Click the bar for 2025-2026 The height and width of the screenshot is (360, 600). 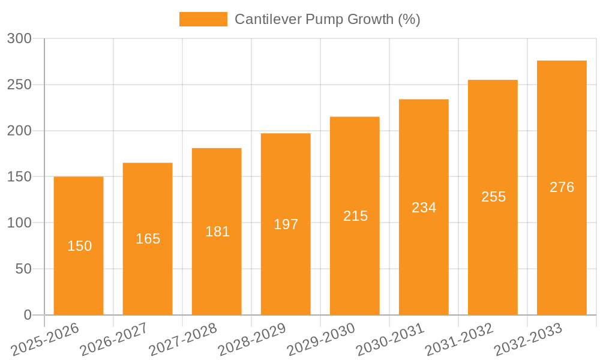pos(79,245)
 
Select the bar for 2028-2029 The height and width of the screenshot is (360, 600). pos(286,224)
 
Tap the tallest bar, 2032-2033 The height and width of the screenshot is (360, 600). pos(562,187)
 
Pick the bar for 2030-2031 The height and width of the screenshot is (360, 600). pos(424,207)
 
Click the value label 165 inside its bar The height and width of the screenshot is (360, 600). pos(148,239)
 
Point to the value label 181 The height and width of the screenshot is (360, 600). pos(217,232)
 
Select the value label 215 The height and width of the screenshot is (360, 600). pos(355,216)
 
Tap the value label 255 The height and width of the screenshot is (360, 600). pos(493,197)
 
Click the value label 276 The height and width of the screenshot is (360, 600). pos(562,187)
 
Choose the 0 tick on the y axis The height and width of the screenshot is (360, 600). pos(28,315)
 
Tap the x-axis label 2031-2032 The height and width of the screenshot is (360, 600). pos(458,340)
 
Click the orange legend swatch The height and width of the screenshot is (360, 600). pos(203,19)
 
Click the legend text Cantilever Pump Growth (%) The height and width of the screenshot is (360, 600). pos(327,19)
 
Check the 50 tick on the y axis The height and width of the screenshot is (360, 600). pos(23,269)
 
